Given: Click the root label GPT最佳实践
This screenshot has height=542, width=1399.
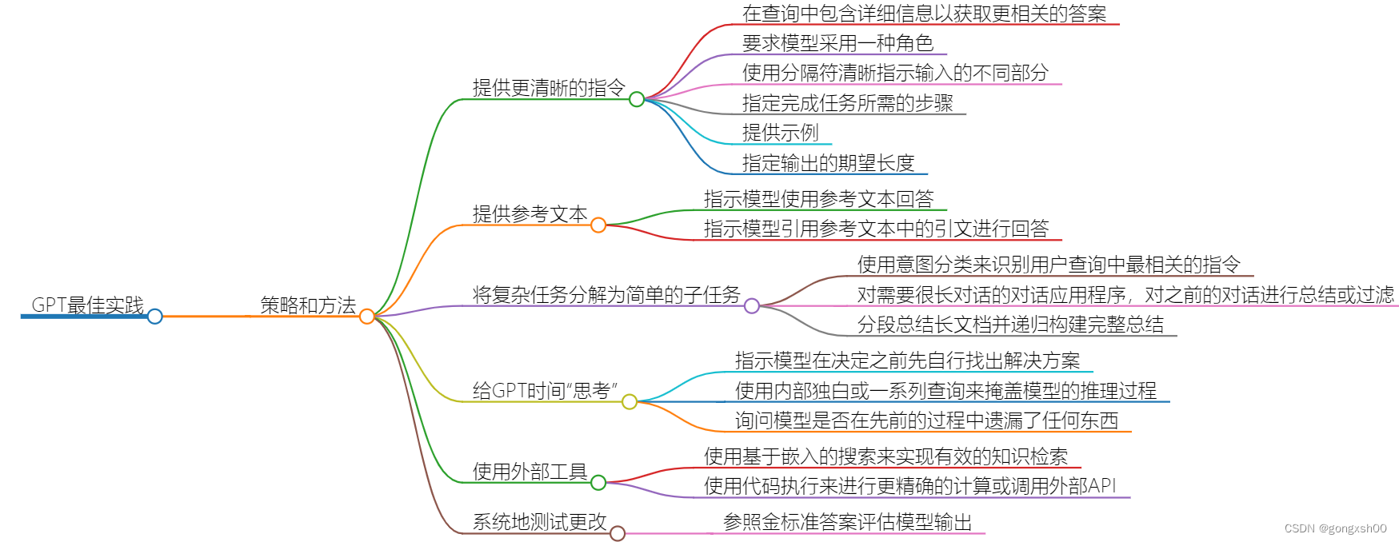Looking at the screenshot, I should (87, 305).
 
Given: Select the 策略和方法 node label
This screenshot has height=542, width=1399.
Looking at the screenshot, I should (308, 305).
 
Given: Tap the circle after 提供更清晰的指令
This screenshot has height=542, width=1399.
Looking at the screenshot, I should (637, 99).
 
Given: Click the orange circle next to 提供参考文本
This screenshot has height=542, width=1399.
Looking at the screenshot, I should (598, 225).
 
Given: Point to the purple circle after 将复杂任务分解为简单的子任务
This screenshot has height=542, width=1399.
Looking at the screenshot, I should (752, 305).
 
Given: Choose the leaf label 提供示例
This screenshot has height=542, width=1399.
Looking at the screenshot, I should (780, 133).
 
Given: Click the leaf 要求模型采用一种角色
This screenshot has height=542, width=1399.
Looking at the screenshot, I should (837, 43).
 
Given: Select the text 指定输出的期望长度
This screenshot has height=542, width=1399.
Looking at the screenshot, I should (828, 163).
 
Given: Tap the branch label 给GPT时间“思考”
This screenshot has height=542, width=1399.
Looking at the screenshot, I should (545, 390).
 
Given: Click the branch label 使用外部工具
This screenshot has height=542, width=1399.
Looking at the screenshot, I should (530, 472).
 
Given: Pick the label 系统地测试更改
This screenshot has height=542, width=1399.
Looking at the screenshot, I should (539, 522).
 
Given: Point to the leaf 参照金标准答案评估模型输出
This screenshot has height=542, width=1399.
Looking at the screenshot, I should (847, 522).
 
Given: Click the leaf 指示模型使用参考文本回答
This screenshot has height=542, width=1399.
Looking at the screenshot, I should (818, 198).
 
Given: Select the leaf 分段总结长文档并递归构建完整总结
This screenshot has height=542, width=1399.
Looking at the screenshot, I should (1010, 325).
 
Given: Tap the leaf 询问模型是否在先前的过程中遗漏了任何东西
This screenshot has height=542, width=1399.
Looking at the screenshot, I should (926, 420).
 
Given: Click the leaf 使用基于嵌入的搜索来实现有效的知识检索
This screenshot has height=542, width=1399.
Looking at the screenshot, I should (885, 456).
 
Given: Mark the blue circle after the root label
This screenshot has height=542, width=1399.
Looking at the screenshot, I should (155, 317).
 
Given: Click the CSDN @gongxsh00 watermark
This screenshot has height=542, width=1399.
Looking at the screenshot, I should (1335, 528).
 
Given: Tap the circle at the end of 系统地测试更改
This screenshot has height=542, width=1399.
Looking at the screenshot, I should (618, 533).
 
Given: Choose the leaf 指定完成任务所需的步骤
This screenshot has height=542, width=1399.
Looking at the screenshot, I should (847, 103).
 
